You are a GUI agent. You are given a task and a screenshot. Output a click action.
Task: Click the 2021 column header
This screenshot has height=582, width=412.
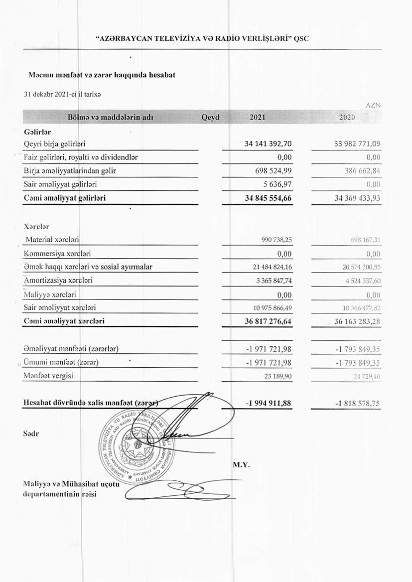click(x=257, y=118)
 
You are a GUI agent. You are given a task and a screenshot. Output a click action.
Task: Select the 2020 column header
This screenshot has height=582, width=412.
click(x=347, y=118)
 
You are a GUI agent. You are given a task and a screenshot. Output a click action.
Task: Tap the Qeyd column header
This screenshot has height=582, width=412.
click(x=211, y=118)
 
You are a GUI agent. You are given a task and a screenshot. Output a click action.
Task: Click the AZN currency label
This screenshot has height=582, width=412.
click(x=373, y=106)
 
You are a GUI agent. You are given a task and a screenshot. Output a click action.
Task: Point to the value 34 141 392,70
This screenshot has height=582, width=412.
click(x=268, y=144)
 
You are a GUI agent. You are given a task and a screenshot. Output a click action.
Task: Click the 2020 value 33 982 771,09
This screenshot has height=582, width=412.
click(x=357, y=144)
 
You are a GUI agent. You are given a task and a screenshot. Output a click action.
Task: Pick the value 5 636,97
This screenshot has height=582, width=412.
click(x=276, y=184)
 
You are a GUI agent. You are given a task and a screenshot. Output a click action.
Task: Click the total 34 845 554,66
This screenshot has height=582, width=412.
click(x=268, y=198)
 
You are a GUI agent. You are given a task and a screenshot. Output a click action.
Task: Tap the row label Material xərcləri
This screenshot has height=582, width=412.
click(x=52, y=240)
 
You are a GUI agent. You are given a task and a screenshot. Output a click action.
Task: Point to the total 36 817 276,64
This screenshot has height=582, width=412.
click(x=268, y=321)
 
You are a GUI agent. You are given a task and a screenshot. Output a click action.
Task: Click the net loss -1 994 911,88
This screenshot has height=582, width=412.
click(x=269, y=403)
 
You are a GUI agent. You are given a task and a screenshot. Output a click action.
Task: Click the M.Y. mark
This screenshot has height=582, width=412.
click(x=241, y=465)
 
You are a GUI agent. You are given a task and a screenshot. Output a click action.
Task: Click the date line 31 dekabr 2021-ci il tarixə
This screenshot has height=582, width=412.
click(x=63, y=94)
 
